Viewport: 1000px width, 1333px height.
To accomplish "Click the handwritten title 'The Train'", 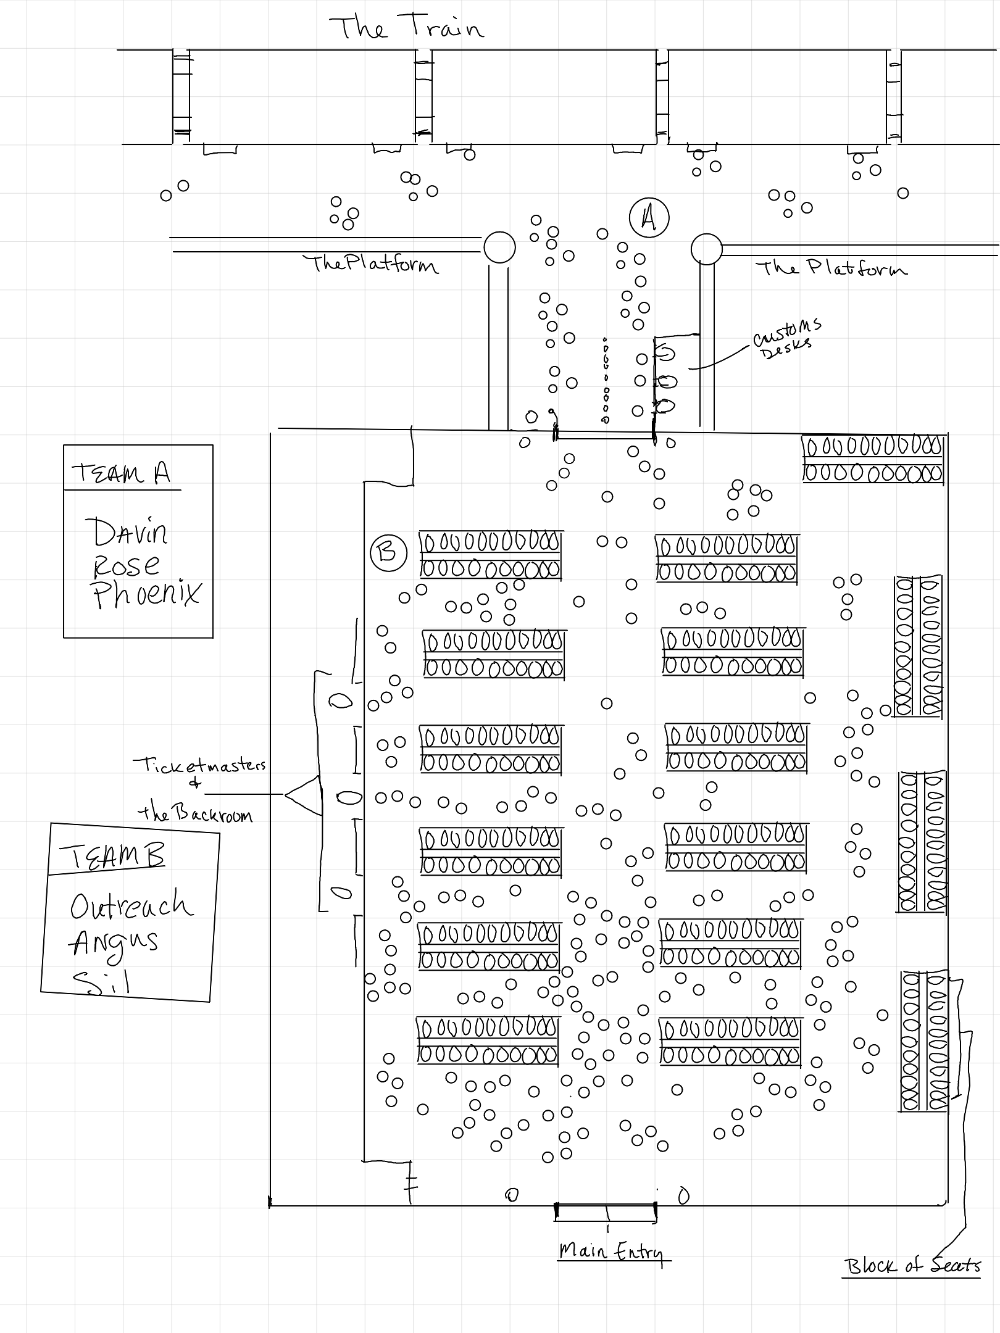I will coord(406,28).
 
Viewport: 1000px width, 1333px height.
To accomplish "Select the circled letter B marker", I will coord(388,552).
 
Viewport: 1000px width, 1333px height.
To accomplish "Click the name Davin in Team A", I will coord(130,532).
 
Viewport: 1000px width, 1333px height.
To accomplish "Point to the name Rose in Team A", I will coord(126,565).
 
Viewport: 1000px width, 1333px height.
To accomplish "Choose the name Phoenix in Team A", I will coord(146,594).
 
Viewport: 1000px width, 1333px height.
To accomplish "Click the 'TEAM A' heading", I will coord(121,473).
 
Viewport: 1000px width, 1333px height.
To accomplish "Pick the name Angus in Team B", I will coord(115,943).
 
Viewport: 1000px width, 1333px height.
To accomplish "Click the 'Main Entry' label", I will coord(611,1252).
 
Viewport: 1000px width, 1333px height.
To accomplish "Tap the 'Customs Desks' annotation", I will coord(786,338).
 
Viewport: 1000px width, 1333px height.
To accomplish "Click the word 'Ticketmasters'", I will coord(199,765).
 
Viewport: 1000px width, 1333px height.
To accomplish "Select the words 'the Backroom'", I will coord(194,814).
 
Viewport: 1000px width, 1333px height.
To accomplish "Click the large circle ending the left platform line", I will coord(499,247).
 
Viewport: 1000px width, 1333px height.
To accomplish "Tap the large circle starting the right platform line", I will coord(706,249).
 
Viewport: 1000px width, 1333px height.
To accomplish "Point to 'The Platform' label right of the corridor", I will coord(831,268).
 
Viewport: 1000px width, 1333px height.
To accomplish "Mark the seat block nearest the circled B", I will coord(491,555).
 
